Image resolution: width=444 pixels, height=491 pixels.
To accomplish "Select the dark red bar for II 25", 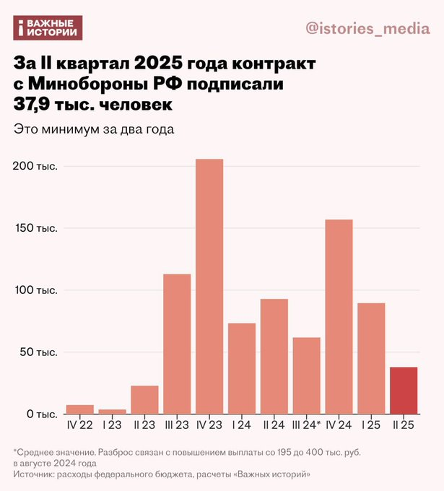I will point(404,391).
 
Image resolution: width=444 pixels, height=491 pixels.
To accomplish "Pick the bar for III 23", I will point(177,344).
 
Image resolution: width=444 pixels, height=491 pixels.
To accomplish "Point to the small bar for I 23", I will point(112,412).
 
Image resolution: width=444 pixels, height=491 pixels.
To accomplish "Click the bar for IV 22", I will point(79,409).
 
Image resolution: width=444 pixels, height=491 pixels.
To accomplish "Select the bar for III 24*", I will point(306,375).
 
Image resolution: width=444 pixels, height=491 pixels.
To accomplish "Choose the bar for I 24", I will point(242,368).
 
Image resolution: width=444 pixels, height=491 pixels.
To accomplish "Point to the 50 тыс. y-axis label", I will point(37,352).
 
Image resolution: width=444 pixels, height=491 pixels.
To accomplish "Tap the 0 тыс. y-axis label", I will point(40,414).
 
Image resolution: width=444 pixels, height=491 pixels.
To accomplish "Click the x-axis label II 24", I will point(274,425).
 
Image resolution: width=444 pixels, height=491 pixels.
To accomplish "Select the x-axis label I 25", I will point(371,425).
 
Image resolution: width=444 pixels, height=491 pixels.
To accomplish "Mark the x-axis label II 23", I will point(144,425).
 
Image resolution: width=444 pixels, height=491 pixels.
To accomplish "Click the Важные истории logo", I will point(48,28).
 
